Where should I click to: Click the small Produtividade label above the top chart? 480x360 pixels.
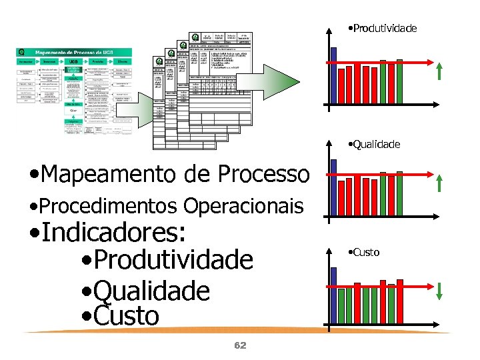[383, 28]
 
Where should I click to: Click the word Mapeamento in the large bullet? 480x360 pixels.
[106, 175]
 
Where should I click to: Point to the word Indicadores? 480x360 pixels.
[107, 234]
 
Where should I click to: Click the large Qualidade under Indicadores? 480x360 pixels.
[151, 291]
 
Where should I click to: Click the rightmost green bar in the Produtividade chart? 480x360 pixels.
[399, 84]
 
